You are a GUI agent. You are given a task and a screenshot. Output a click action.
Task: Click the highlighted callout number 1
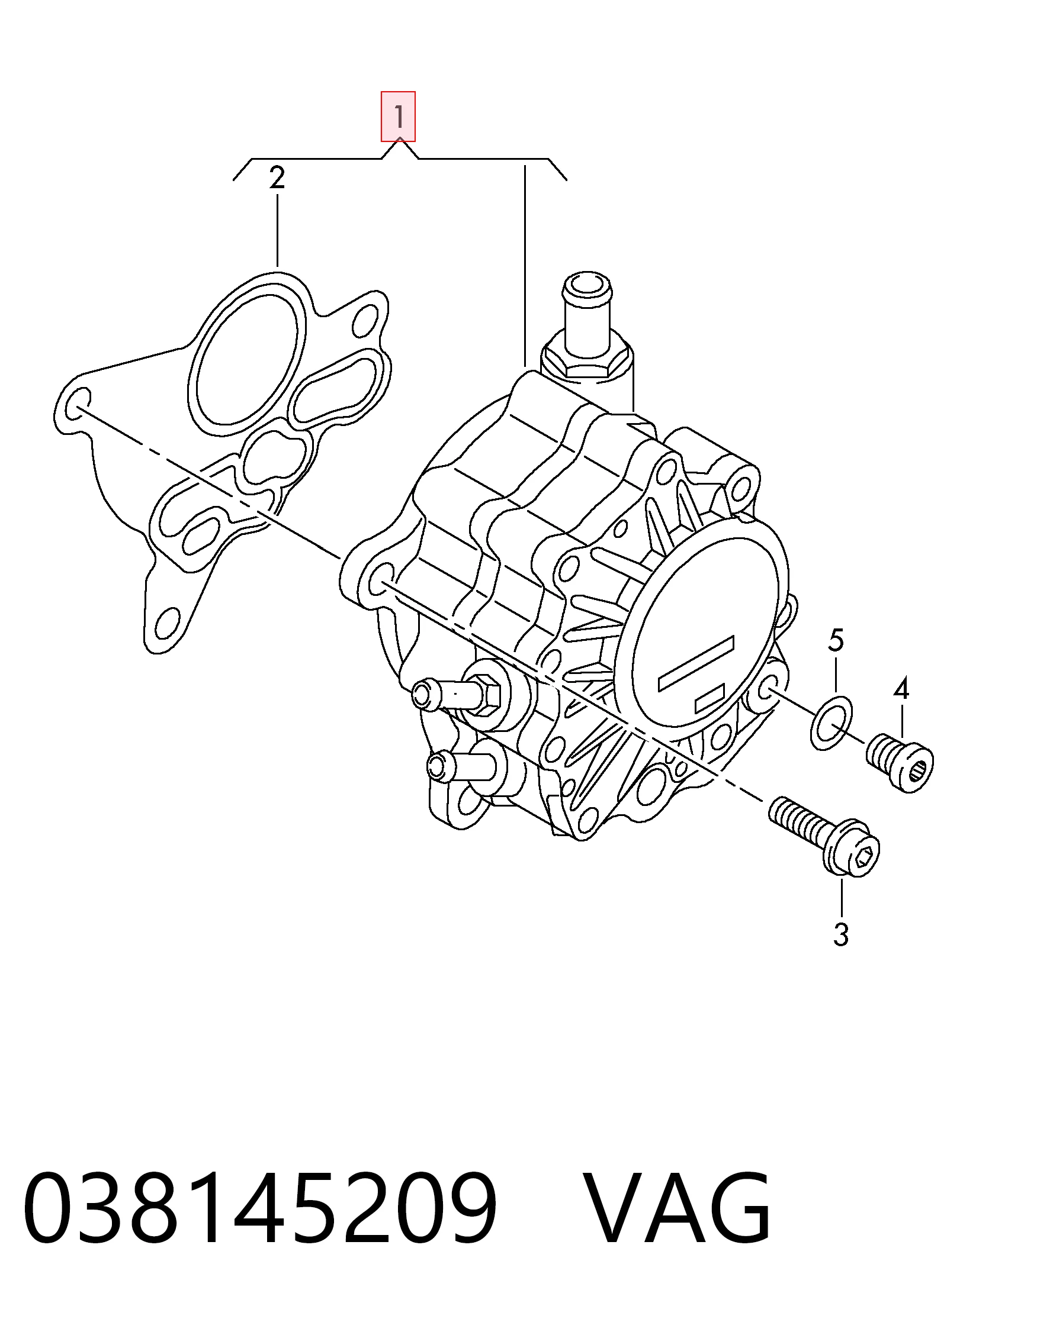coord(399,117)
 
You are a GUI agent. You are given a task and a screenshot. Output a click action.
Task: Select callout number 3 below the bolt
coord(841,935)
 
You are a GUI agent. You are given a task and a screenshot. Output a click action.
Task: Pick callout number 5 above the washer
coord(836,640)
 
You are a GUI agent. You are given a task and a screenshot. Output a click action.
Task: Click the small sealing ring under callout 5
coord(831,724)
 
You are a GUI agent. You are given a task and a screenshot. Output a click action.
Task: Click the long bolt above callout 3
coord(824,834)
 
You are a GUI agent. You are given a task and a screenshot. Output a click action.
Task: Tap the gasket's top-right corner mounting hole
coord(370,317)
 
